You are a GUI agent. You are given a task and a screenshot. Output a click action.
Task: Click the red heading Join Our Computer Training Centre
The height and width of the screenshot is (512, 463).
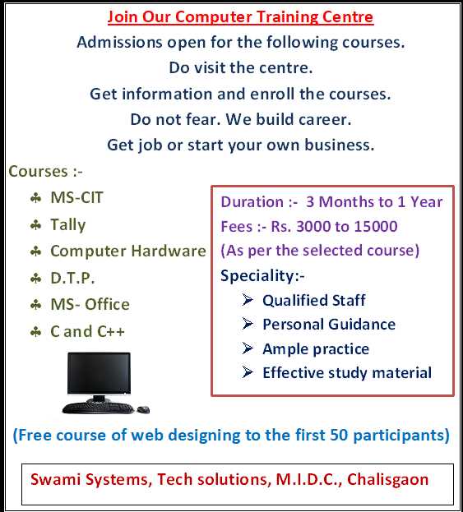[240, 16]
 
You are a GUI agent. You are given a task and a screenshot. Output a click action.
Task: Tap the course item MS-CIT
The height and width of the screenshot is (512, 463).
[76, 197]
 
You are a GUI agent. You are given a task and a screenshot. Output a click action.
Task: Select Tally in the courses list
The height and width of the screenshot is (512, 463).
[67, 224]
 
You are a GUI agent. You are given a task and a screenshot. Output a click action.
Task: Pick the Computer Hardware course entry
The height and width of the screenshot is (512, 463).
[127, 251]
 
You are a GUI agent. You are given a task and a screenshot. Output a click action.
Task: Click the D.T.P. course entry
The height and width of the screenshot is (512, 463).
[72, 278]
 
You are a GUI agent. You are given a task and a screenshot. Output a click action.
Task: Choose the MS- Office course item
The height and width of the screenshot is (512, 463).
[90, 304]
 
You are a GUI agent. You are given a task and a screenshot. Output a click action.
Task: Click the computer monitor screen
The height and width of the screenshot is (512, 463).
[98, 375]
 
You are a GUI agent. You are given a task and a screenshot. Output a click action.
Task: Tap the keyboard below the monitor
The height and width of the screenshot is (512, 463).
[97, 408]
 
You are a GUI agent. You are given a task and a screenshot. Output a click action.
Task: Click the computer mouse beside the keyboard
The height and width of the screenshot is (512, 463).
[143, 408]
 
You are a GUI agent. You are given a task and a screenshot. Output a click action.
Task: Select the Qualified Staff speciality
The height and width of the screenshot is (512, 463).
[314, 300]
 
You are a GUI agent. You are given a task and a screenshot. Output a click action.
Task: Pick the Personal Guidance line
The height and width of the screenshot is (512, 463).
[329, 324]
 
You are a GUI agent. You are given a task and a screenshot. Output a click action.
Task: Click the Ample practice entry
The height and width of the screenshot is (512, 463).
[316, 348]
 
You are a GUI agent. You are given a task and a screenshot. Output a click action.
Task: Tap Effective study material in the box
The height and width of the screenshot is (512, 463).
[347, 372]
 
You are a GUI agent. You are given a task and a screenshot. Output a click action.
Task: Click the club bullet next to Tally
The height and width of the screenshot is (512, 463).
[35, 225]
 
